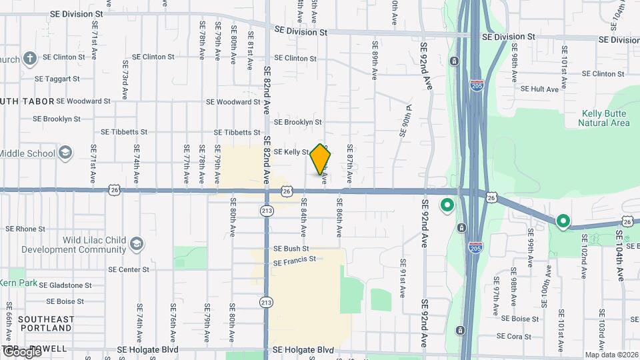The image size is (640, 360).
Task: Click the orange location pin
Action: pos(321,159)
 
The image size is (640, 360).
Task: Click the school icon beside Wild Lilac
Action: pos(137,242)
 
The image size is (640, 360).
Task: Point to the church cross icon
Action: pos(29,59)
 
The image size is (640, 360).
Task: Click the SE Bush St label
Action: pos(291,248)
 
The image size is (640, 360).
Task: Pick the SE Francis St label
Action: pos(294,259)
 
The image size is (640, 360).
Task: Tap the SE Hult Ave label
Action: pos(539,89)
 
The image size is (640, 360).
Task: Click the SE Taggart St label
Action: pos(57,78)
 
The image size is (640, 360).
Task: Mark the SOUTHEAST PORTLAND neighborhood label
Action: pos(45,323)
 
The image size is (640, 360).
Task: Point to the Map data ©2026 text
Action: pos(611,355)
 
